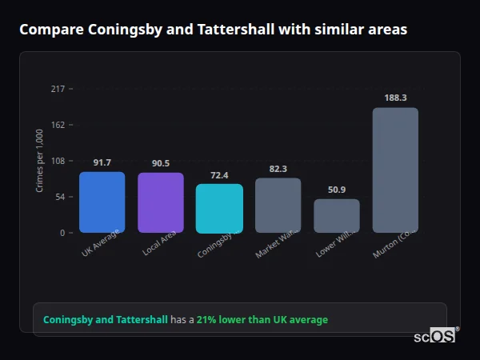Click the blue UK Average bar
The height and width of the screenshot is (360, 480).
(x=102, y=202)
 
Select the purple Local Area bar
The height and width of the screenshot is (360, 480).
(x=160, y=202)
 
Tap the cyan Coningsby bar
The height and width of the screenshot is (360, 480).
(x=219, y=209)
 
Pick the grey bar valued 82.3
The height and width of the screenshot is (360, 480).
(x=278, y=206)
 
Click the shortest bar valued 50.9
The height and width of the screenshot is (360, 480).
(x=337, y=216)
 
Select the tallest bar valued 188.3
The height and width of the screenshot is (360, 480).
(x=395, y=170)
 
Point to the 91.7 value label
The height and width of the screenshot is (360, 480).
(x=102, y=162)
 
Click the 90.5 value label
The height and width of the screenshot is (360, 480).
(x=161, y=163)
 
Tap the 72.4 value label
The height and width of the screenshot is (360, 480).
(x=219, y=175)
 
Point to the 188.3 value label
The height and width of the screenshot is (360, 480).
(x=395, y=98)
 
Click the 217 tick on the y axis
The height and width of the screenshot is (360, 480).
(x=58, y=89)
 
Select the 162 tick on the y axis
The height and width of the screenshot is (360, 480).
(x=58, y=125)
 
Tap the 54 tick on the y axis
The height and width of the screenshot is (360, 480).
(x=60, y=197)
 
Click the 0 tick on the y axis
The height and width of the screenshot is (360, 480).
(x=62, y=233)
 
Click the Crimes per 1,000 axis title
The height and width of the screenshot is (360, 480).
(x=39, y=161)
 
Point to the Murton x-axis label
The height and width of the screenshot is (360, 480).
(x=394, y=249)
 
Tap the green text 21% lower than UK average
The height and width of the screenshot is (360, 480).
(x=262, y=320)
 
